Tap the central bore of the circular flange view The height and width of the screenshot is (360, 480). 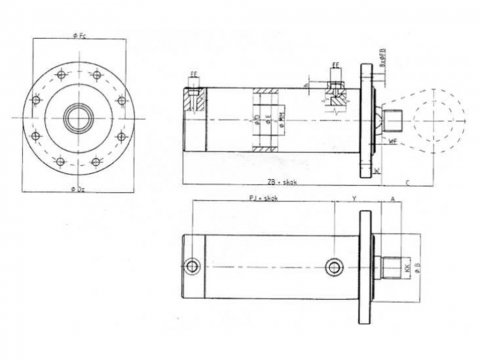tap(77, 117)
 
